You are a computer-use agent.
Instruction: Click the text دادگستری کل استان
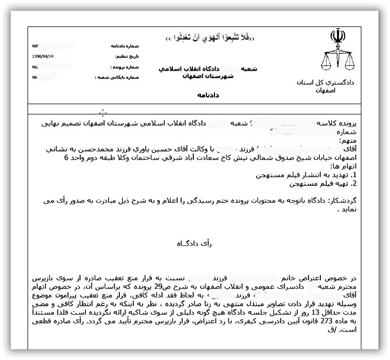tap(325, 83)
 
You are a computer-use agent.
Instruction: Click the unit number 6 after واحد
tap(66, 158)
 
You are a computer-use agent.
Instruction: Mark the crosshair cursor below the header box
tap(103, 113)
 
